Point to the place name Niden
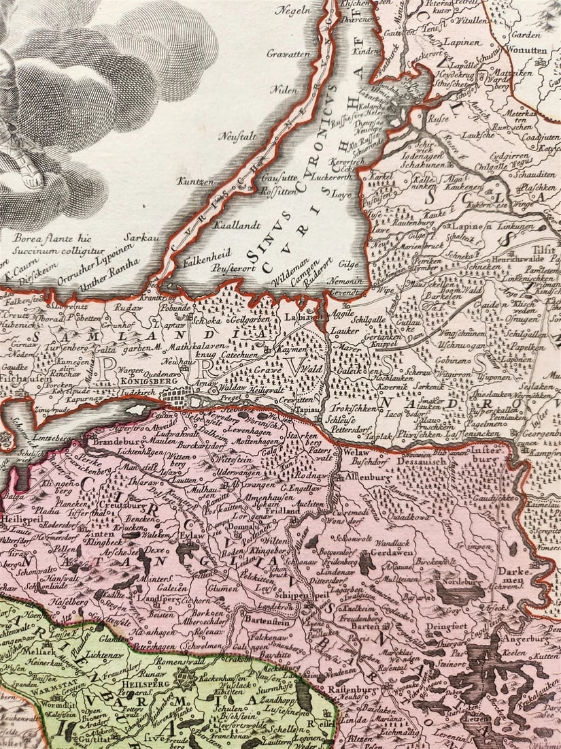tap(285, 90)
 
